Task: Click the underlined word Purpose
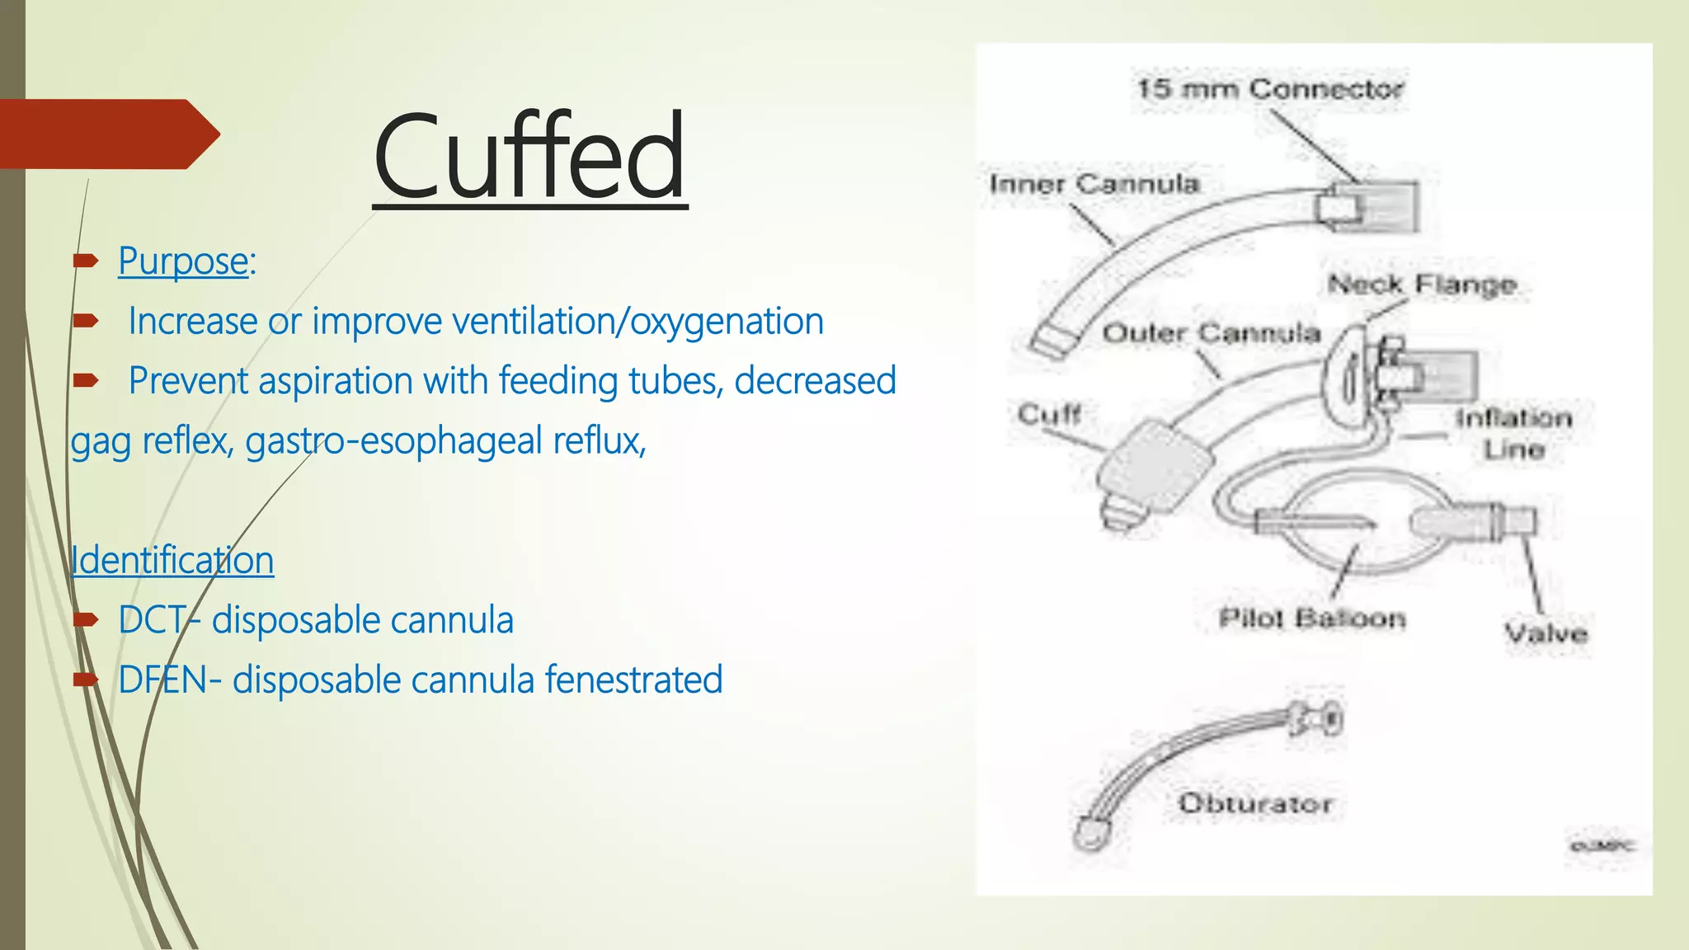tap(183, 261)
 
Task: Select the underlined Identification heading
tap(172, 561)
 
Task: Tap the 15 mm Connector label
tap(1270, 89)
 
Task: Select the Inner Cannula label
tap(1094, 184)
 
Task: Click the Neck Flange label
tap(1422, 285)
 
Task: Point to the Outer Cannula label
tap(1211, 333)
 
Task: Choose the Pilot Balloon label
tap(1312, 618)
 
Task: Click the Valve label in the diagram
tap(1546, 633)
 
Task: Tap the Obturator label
tap(1255, 803)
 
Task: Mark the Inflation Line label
tap(1513, 434)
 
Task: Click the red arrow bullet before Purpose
tap(86, 261)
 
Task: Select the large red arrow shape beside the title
tap(107, 134)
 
